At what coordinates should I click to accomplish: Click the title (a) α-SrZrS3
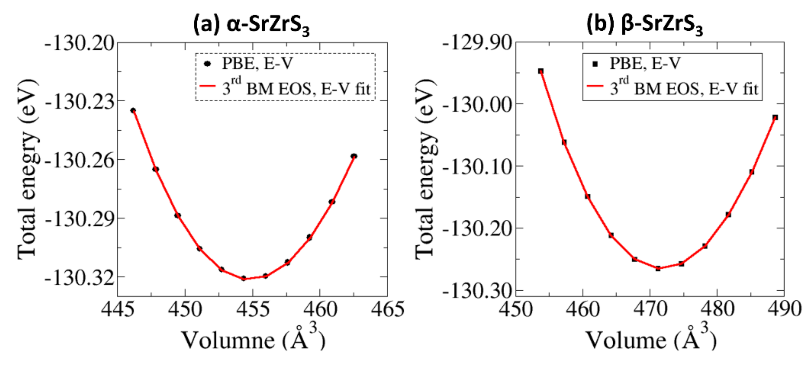pos(252,25)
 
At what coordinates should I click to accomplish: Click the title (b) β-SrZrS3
pos(645,25)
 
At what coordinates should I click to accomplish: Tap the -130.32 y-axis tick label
pos(79,278)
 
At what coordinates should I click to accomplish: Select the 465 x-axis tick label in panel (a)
pos(387,309)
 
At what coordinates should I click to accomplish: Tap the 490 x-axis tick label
pos(784,309)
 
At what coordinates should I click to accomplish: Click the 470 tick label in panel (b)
pos(650,309)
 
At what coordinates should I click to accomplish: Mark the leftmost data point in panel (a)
pos(133,110)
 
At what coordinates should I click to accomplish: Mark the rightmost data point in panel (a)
pos(354,156)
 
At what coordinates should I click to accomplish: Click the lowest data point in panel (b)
pos(658,269)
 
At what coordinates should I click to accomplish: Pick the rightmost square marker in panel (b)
pos(775,117)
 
